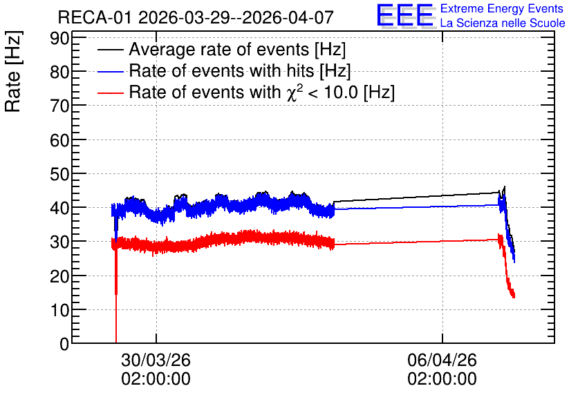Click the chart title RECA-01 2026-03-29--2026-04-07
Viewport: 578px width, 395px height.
tap(196, 17)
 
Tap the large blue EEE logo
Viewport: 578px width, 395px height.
tap(405, 16)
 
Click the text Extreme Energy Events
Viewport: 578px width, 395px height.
tap(502, 8)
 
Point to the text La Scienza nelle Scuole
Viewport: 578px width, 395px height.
tap(503, 23)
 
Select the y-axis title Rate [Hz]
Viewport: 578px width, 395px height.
tap(13, 71)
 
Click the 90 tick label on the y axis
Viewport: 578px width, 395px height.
tap(59, 38)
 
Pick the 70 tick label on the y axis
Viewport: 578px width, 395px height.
tap(59, 106)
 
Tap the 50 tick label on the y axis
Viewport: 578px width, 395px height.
tap(59, 174)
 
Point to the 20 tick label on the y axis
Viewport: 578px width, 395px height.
tap(59, 276)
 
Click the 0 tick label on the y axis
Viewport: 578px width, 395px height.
tap(64, 344)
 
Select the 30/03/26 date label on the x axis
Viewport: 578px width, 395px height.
tap(156, 360)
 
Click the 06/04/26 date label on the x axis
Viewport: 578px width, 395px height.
tap(442, 360)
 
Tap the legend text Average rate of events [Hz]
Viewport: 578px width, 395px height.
tap(237, 49)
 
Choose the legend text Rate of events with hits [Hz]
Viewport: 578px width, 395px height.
tap(240, 70)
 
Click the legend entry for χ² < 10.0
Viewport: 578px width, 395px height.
tap(262, 92)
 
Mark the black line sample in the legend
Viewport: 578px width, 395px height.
tap(110, 50)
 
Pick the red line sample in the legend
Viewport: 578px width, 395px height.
tap(110, 93)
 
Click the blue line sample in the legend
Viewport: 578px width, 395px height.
tap(110, 71)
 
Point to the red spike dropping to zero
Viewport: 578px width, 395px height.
tap(116, 294)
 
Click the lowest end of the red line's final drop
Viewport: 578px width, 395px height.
tap(514, 297)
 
